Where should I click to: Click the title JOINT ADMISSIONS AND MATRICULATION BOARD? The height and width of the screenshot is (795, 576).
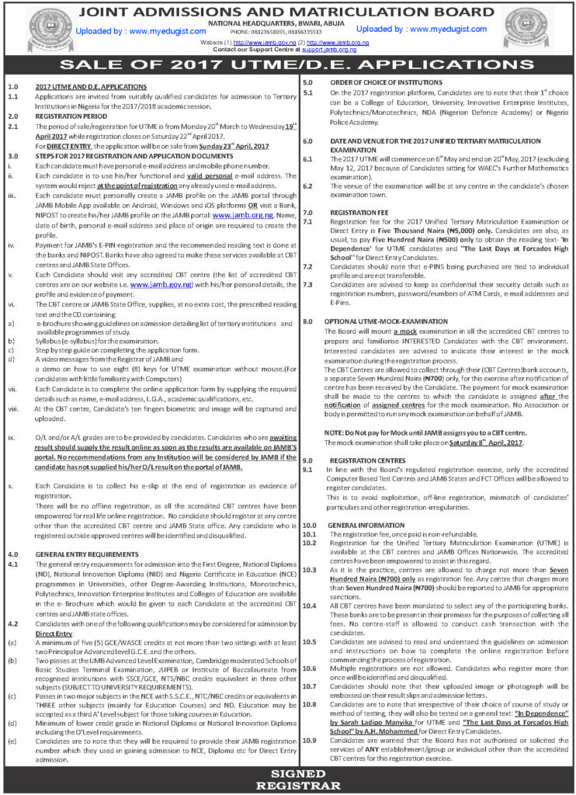click(x=287, y=12)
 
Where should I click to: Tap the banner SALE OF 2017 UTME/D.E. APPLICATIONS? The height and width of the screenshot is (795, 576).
click(x=287, y=64)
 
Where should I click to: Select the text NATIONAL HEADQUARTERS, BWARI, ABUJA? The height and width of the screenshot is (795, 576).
click(x=287, y=23)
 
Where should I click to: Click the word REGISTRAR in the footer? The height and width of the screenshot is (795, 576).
click(x=287, y=786)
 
